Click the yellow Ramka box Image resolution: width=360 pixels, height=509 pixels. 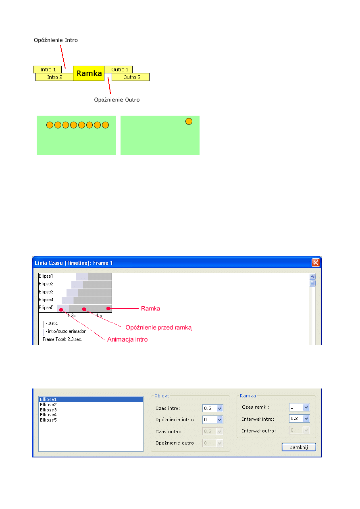[89, 73]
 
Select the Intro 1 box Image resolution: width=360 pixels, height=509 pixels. [48, 69]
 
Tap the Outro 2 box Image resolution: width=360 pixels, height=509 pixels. [131, 77]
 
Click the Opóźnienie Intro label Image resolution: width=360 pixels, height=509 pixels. [56, 40]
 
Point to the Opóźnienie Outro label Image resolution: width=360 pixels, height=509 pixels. [117, 100]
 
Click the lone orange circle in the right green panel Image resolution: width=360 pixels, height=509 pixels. [189, 121]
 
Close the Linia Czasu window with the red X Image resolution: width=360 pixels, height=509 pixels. [316, 262]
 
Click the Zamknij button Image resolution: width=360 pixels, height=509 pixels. [299, 447]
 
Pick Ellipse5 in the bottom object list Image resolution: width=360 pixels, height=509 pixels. [48, 420]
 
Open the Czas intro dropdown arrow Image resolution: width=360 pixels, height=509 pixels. [220, 408]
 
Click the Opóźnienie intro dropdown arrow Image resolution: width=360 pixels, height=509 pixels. [220, 420]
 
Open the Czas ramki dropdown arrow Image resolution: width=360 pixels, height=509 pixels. [306, 407]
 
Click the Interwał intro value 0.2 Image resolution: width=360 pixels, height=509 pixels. [294, 418]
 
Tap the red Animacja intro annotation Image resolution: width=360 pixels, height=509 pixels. [127, 339]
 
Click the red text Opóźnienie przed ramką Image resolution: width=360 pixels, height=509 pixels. [159, 327]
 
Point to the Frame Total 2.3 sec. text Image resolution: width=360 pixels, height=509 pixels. [62, 339]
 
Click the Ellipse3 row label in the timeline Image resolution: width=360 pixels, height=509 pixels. [46, 291]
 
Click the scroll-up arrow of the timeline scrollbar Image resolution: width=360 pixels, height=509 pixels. [312, 276]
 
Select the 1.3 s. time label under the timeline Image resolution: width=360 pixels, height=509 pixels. [72, 316]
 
